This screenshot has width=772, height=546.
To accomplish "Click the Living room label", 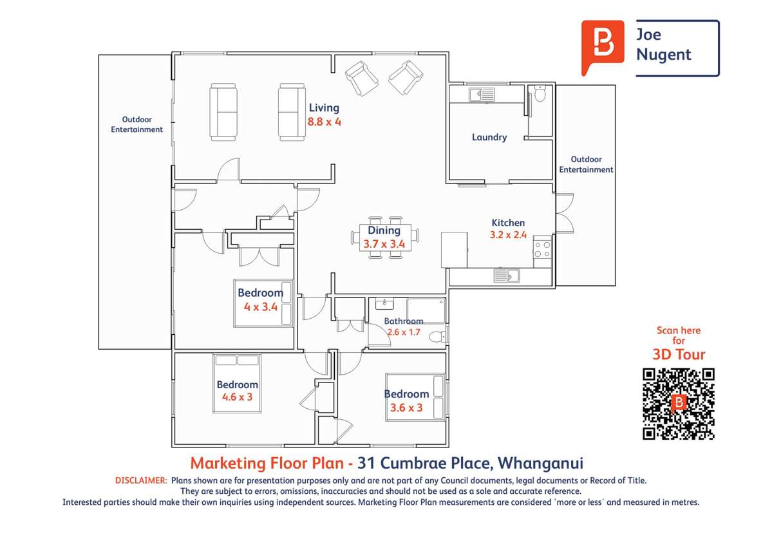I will point(323,108).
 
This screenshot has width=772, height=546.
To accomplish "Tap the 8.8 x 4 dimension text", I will point(324,121).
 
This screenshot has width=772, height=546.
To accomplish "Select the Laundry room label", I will point(489,137).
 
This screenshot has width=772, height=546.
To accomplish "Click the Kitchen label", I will point(509,223).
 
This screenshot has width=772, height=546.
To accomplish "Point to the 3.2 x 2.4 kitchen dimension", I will point(508,235).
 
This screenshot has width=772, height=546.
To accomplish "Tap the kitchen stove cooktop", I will point(542,249).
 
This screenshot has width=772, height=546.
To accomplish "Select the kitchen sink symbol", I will point(507,276).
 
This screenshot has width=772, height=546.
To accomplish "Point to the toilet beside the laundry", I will point(540,94).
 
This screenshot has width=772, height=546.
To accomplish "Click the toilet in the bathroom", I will point(437,336).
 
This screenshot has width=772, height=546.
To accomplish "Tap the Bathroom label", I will point(404,321).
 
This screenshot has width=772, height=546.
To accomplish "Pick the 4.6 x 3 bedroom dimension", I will point(237,397).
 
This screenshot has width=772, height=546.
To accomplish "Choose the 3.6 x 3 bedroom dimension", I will point(406,408).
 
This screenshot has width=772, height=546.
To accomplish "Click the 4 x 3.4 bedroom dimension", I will point(260,307).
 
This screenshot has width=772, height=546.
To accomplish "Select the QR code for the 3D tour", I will point(679,404).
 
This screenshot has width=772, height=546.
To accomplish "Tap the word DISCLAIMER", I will point(141,480).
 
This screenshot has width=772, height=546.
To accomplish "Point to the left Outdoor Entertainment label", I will point(137,124).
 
